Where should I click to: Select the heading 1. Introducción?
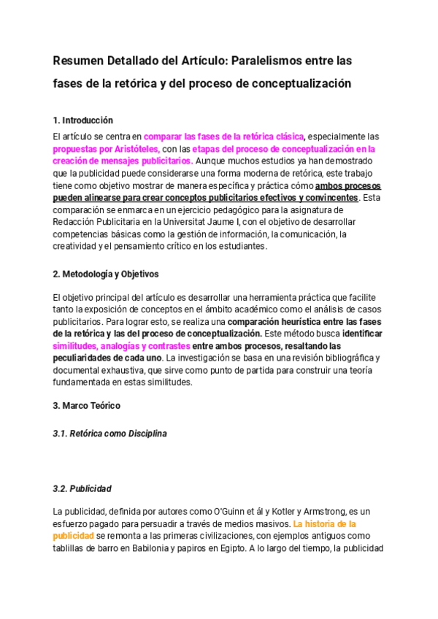point(83,120)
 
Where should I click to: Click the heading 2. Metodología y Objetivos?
point(107,274)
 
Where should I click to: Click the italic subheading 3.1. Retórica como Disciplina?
point(110,434)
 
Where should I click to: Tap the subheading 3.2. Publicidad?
point(82,488)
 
